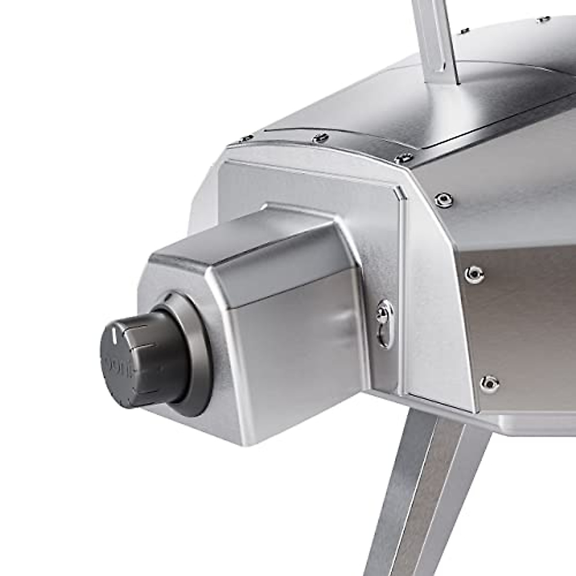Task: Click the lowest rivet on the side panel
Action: click(488, 382)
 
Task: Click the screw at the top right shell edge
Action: click(543, 19)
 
